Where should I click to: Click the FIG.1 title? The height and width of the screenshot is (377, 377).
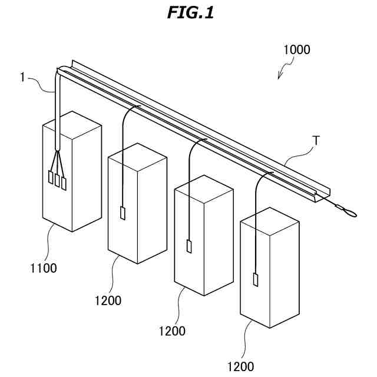tap(189, 12)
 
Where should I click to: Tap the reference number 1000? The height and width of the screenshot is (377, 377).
tap(296, 50)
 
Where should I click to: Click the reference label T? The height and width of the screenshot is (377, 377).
tap(316, 140)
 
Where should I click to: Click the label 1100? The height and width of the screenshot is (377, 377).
tap(44, 268)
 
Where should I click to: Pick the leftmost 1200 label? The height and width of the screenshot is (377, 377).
tap(108, 300)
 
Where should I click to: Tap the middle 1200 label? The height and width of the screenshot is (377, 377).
tap(172, 331)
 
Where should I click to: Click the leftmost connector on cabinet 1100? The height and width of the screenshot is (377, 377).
tap(50, 177)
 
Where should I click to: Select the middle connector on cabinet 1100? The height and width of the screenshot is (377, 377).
tap(57, 180)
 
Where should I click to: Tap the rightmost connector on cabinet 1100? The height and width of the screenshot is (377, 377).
tap(64, 183)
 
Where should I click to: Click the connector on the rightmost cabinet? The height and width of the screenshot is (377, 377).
tap(256, 280)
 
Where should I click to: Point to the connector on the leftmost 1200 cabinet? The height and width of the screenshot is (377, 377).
tap(123, 213)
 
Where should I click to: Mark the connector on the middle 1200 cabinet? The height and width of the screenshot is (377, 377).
tap(189, 247)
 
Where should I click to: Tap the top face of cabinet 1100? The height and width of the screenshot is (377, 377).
tap(72, 124)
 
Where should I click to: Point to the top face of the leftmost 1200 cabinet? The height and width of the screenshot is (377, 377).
tap(137, 155)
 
